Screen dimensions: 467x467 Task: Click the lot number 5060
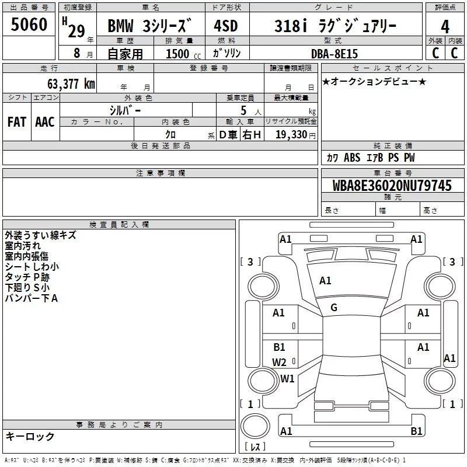[29, 25]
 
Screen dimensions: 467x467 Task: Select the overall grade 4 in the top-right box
[445, 27]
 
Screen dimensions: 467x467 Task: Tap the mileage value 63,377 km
[71, 84]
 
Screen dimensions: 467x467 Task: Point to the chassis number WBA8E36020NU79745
[392, 186]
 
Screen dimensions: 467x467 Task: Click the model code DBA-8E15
[334, 54]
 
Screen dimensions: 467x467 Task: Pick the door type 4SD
[226, 26]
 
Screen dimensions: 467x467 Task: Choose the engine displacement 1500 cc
[183, 54]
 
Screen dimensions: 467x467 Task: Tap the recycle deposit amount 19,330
[291, 134]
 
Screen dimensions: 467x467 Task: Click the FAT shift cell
[17, 122]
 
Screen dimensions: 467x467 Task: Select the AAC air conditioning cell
[45, 122]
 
